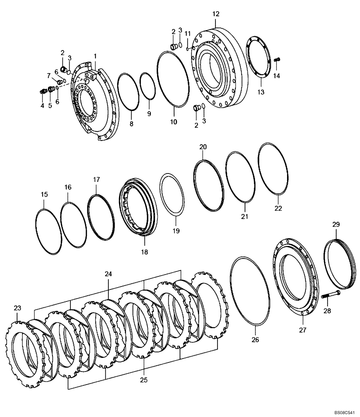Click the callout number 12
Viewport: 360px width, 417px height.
click(215, 14)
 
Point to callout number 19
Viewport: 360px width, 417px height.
click(176, 231)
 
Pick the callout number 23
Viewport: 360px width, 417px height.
click(17, 308)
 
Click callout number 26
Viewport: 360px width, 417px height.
click(255, 340)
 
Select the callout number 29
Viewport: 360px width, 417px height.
click(336, 224)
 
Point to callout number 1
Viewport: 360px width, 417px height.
click(95, 56)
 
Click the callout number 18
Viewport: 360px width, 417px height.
click(144, 252)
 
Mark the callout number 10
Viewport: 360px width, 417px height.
click(173, 122)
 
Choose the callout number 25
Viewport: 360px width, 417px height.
click(144, 380)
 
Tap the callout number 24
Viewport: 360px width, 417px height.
click(108, 274)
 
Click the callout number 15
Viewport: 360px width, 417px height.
click(44, 194)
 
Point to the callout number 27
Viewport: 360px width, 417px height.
click(302, 330)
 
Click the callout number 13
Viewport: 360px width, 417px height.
click(260, 92)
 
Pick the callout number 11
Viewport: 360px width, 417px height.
click(187, 33)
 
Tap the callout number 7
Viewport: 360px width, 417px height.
click(48, 75)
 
